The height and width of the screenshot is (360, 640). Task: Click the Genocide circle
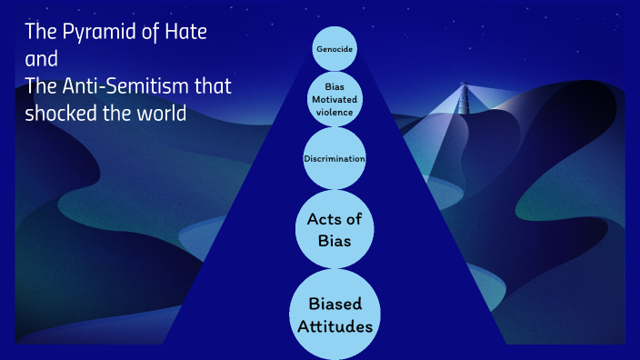[x=335, y=47]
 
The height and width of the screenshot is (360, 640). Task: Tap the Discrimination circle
[x=335, y=159]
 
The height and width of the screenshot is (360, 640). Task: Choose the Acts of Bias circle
[x=335, y=230]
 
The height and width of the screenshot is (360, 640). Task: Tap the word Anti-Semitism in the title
[x=126, y=87]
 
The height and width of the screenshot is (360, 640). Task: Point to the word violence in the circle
[x=335, y=112]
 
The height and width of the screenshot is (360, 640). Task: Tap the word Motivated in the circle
[x=335, y=99]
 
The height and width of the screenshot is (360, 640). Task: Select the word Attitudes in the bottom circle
[x=335, y=325]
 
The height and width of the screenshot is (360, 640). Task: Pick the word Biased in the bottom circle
[x=335, y=303]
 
